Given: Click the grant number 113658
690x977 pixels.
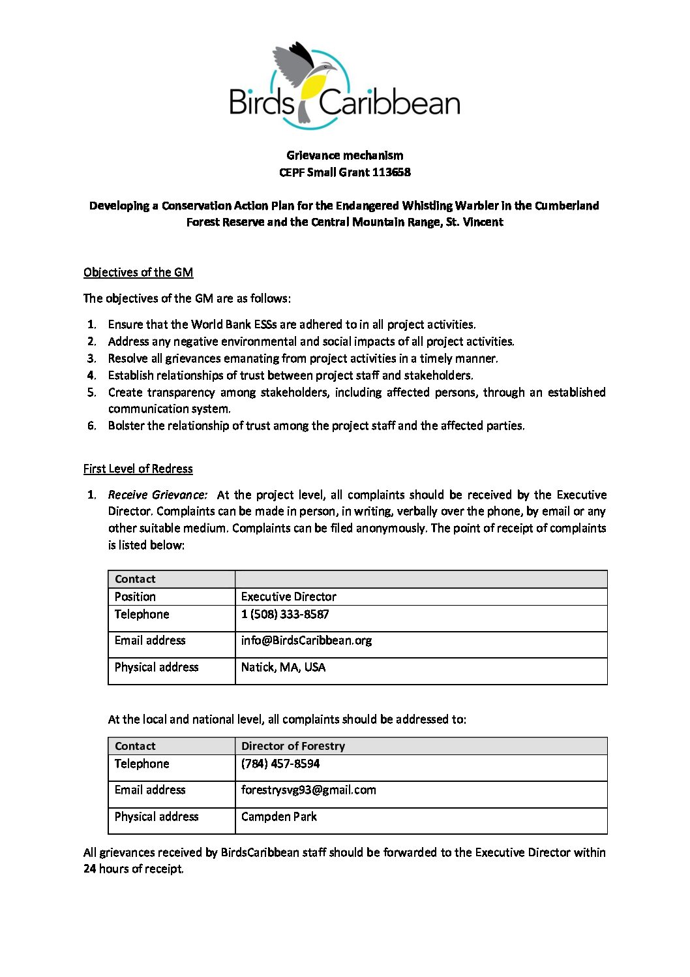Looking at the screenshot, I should click(391, 172).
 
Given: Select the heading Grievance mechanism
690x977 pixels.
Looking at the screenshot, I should click(344, 155).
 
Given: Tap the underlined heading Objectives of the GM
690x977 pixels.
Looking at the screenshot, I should click(138, 272).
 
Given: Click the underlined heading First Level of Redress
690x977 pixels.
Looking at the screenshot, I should click(138, 469).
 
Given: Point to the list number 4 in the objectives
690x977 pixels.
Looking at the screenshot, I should click(92, 375).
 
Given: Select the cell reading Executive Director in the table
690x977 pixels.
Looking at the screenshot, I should click(288, 597).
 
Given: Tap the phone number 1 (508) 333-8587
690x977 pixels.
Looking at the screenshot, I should click(285, 614).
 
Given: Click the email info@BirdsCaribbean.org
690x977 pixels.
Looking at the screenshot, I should click(306, 640).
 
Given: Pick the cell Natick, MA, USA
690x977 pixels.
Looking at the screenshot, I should click(283, 667).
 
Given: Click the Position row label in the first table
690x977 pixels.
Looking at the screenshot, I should click(135, 597).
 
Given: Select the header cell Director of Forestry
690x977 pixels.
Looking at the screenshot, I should click(293, 746).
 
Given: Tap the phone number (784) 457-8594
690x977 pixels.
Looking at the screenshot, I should click(280, 764).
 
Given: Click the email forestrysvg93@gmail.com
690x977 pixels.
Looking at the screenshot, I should click(308, 790).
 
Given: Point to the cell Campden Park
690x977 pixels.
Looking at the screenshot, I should click(278, 816).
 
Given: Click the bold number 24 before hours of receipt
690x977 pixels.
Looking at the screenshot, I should click(90, 869).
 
